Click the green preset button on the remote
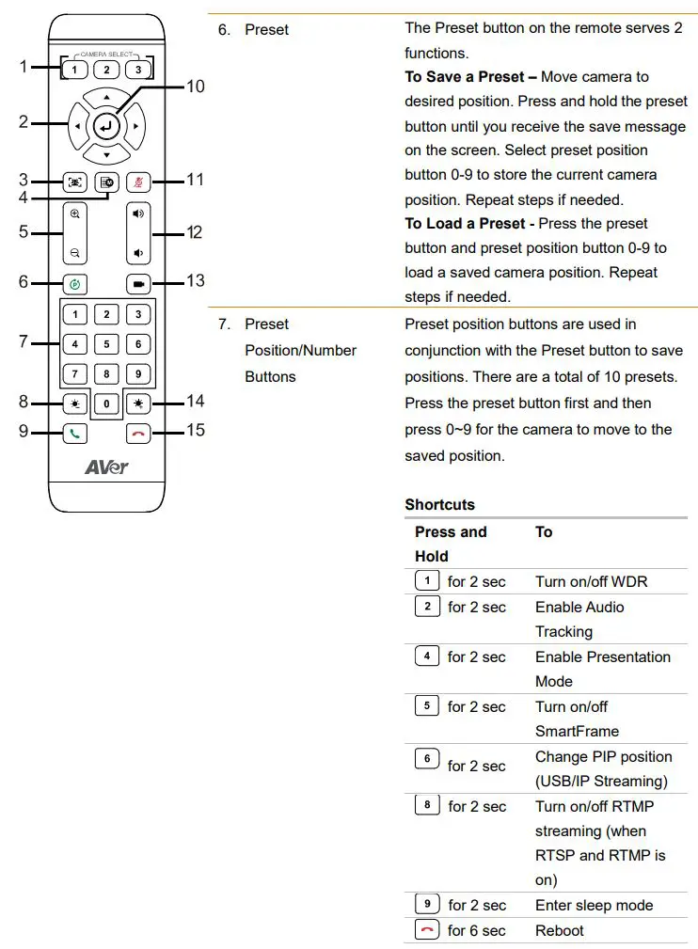tap(75, 282)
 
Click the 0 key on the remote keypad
tap(106, 403)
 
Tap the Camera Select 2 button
tap(106, 70)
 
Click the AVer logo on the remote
tap(106, 467)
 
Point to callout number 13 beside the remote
tap(195, 281)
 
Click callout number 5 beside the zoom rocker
tap(24, 231)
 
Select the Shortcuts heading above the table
tap(439, 505)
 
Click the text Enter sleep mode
tap(594, 906)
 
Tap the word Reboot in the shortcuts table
tap(560, 931)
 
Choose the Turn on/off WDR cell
tap(591, 582)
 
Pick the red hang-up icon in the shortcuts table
tap(427, 930)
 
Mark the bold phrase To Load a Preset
tap(465, 224)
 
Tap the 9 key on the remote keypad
tap(137, 374)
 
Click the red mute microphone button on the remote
tap(138, 182)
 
